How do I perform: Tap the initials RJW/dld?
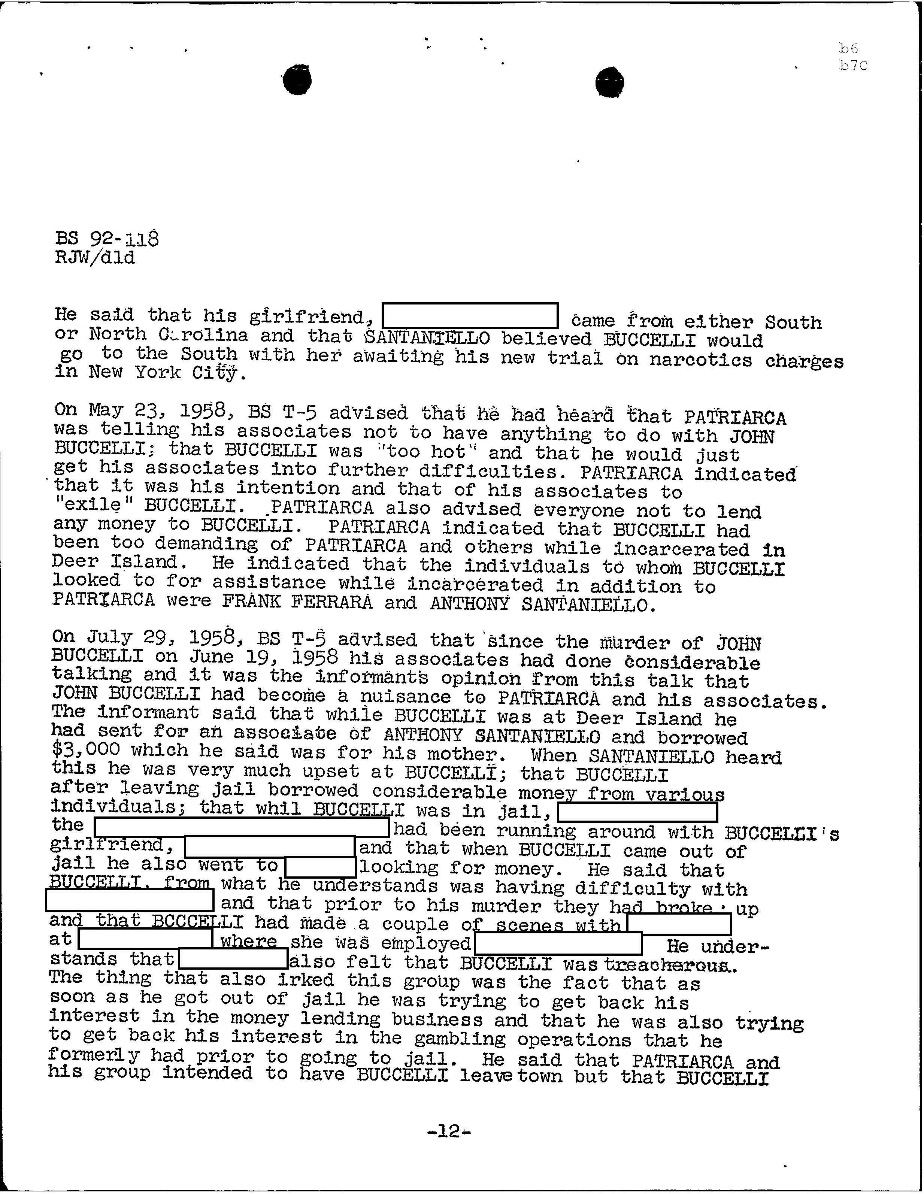click(x=95, y=257)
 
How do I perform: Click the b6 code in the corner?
click(x=849, y=49)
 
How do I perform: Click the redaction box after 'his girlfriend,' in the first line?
click(x=470, y=316)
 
